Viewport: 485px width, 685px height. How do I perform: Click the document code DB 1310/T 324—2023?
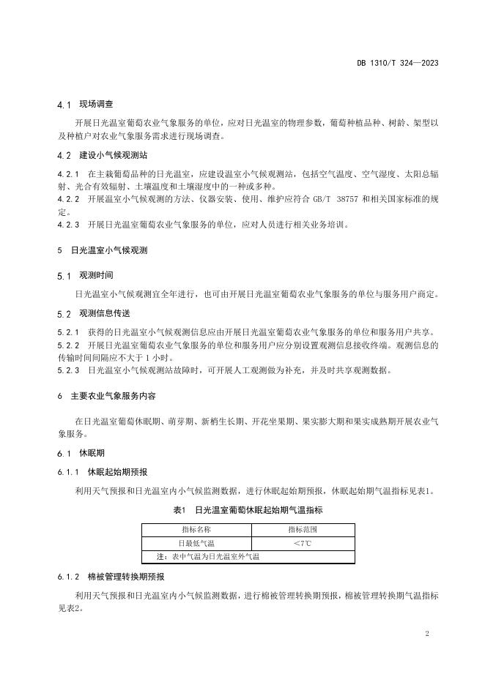[x=393, y=62]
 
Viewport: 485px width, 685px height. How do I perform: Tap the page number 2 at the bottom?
[x=426, y=633]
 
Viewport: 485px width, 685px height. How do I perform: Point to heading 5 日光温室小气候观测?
[x=103, y=250]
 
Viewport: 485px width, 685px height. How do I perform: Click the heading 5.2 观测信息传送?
[x=94, y=313]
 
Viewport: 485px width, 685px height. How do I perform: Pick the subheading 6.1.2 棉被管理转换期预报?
[x=111, y=577]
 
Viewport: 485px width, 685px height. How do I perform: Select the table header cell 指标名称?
[x=196, y=528]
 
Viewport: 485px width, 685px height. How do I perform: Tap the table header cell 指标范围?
[x=302, y=528]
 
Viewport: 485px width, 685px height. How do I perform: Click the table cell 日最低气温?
[x=196, y=543]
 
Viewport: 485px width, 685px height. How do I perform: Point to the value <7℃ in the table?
[x=302, y=543]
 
